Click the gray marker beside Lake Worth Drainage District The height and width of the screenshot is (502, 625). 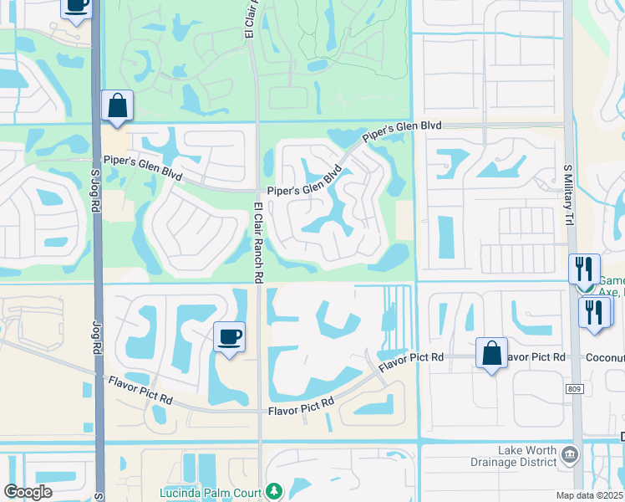[570, 454]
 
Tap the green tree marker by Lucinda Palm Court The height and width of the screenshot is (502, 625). [272, 490]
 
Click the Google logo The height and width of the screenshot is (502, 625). [28, 492]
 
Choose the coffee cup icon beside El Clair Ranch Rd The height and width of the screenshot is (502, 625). [230, 337]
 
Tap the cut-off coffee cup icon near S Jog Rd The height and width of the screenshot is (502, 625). [76, 8]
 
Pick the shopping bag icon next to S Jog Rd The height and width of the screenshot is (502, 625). [117, 106]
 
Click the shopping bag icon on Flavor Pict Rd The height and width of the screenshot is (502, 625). [492, 352]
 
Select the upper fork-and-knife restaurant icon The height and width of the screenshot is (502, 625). [583, 269]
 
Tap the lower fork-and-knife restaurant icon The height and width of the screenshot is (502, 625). [594, 312]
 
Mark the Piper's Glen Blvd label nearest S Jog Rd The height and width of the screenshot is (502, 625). [143, 167]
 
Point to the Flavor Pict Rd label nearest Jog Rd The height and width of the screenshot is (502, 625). [140, 391]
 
